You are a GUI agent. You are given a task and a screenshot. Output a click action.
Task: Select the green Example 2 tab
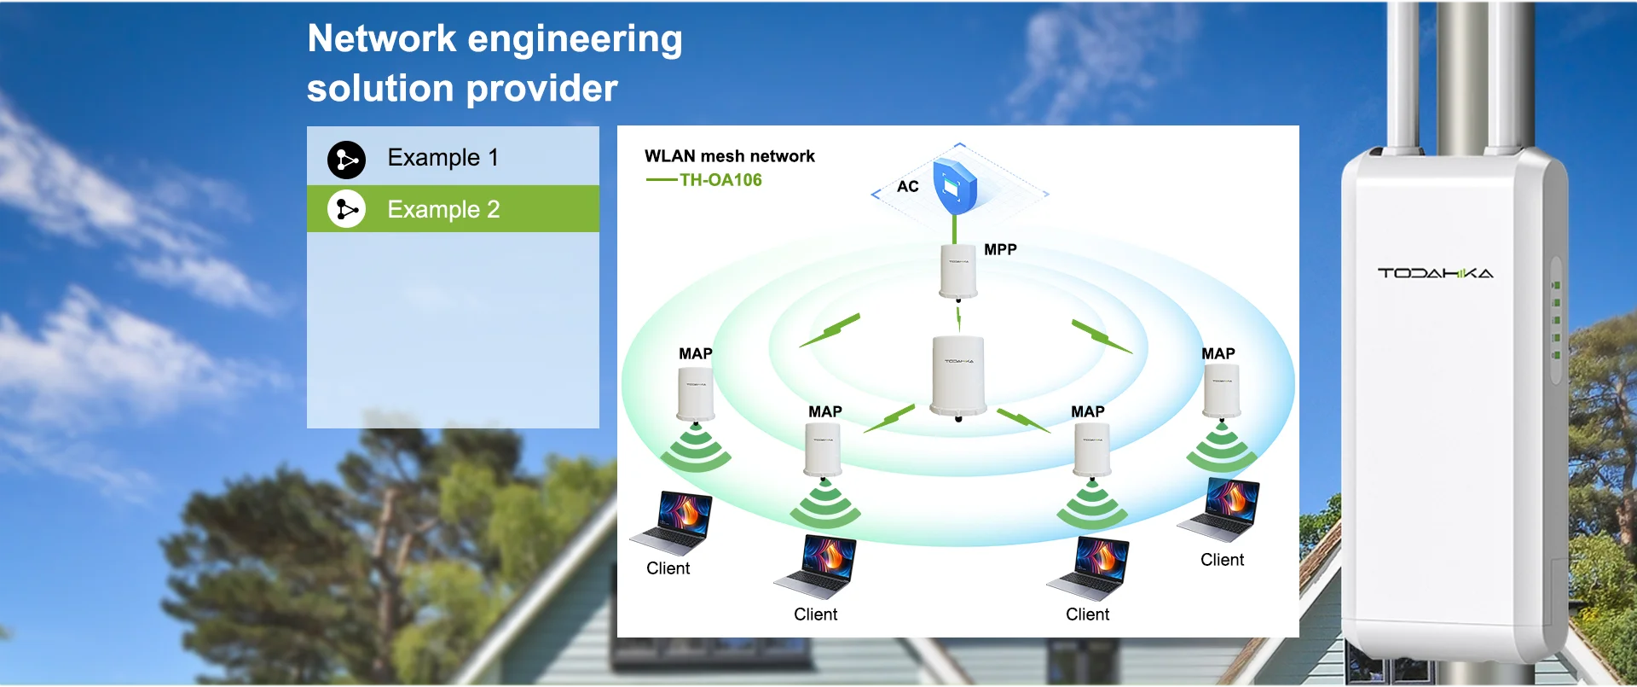pos(453,209)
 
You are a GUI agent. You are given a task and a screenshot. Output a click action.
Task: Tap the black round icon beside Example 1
pos(346,160)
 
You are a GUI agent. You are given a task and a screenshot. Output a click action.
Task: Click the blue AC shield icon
pos(955,185)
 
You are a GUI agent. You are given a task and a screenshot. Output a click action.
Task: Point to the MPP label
pos(1000,249)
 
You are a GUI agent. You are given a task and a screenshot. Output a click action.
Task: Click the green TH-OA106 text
pos(720,180)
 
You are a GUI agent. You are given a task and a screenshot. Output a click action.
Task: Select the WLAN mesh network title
pos(730,156)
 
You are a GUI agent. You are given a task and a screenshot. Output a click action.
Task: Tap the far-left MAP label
pos(696,353)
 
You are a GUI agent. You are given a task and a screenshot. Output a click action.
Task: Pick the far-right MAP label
pos(1218,353)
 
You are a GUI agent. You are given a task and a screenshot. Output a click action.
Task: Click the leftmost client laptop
pos(672,523)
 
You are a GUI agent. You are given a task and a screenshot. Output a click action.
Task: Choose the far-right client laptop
pos(1219,509)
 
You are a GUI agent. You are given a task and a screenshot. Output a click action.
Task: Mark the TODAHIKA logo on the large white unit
pos(1436,273)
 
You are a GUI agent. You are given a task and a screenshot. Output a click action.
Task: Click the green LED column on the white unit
pos(1556,320)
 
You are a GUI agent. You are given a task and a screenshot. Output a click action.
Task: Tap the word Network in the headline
pos(382,38)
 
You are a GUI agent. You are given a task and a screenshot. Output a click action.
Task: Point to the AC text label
pos(908,186)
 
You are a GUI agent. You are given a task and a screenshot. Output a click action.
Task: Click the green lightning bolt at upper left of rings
pos(830,330)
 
